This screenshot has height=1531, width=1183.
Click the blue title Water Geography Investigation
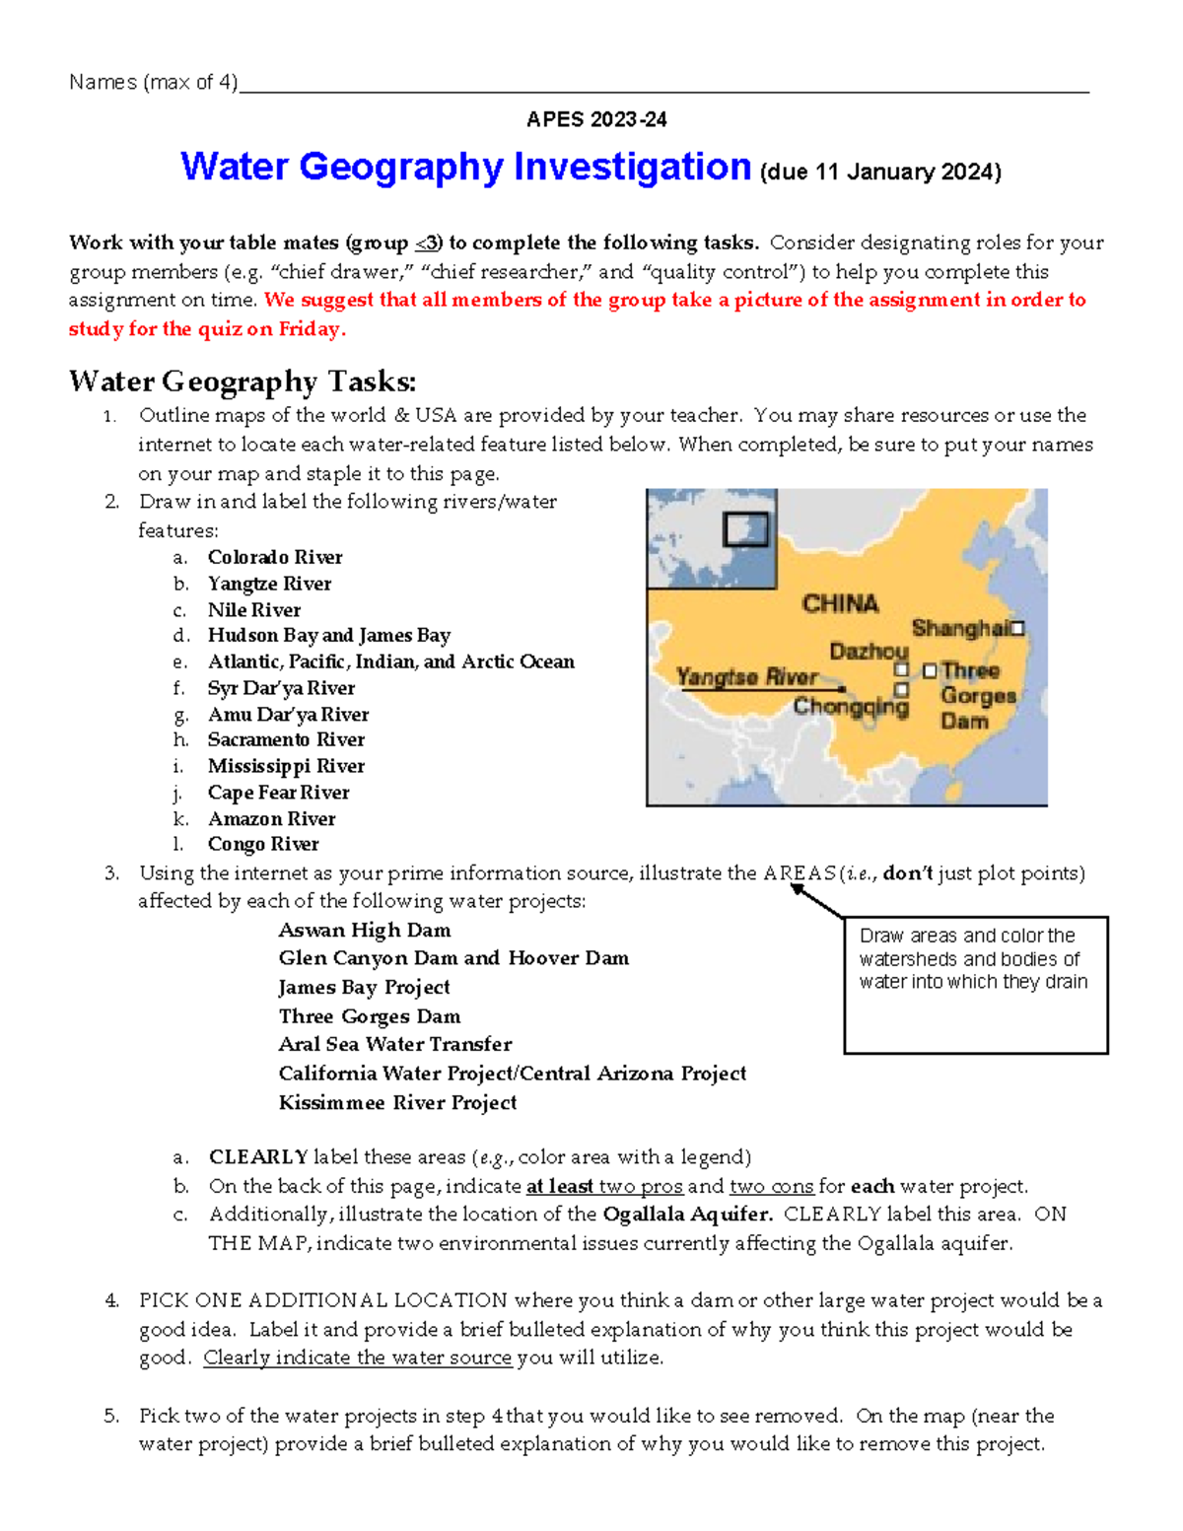465,167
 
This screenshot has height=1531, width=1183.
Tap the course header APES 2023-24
596,119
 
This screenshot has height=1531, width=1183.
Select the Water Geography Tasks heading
243,382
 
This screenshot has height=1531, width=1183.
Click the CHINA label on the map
840,603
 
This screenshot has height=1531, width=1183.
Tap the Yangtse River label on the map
746,676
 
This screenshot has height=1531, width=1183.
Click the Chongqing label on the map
850,706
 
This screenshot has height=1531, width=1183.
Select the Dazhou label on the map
868,651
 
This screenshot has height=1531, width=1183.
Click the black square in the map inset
745,529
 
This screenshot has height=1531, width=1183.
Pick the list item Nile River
254,610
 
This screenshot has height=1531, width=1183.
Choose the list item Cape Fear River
278,793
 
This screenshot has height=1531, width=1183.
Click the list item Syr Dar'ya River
281,688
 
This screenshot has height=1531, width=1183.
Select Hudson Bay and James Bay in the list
328,636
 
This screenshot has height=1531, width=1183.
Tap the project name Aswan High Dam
364,930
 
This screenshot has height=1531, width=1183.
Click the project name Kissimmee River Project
397,1102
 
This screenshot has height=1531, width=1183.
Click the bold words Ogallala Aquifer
687,1215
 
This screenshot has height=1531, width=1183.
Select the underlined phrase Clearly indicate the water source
357,1357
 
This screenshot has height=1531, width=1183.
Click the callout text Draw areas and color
966,936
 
